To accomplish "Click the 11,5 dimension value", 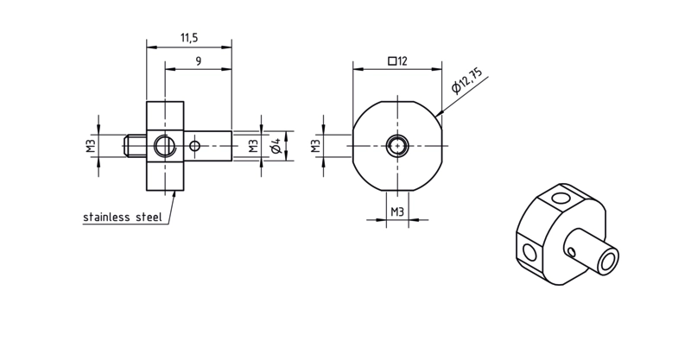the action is tap(189, 38).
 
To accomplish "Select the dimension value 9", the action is tap(199, 61).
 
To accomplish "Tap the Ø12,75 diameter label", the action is tap(467, 80).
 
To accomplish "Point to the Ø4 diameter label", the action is tap(276, 146).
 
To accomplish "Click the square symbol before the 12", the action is tap(392, 61).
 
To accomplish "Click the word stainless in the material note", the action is tap(106, 217).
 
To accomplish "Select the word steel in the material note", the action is tap(149, 217).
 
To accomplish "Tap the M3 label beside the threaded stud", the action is tap(92, 146).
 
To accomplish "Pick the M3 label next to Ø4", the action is tap(253, 146).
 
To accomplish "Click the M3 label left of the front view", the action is tap(315, 146).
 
